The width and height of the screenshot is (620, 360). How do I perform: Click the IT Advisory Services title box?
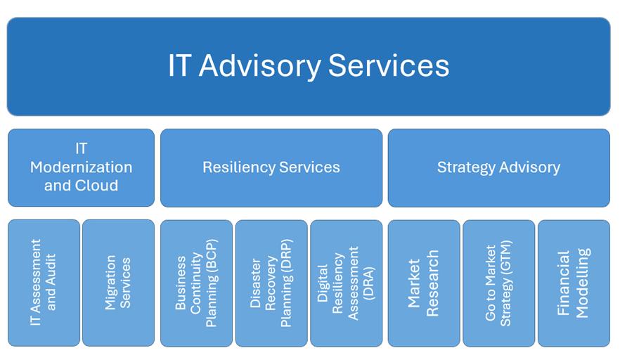click(309, 67)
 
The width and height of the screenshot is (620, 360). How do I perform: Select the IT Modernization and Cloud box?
click(81, 167)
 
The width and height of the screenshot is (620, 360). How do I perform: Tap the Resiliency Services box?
click(271, 168)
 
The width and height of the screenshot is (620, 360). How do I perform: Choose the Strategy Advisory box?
click(499, 168)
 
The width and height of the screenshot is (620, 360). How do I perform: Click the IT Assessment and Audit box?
click(44, 283)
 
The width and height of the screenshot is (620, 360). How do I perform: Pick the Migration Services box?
click(119, 283)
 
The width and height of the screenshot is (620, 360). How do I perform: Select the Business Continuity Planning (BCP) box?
click(197, 283)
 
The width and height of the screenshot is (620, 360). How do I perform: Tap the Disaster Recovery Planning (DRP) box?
click(271, 283)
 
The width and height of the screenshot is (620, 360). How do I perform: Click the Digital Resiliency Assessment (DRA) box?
click(347, 283)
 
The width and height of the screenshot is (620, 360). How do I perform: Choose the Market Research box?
click(424, 283)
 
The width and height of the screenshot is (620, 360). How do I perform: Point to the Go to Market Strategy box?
click(499, 283)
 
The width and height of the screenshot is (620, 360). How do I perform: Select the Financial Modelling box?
click(574, 283)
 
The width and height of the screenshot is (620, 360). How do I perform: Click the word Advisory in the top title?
click(260, 67)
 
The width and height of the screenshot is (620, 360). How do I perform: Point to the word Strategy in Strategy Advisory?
click(466, 168)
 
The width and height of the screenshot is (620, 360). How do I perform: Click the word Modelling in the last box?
click(583, 283)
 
